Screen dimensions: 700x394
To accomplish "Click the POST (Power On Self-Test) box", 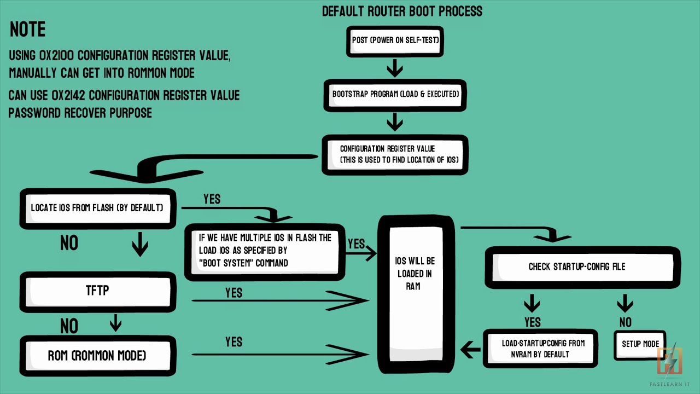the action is pos(395,42).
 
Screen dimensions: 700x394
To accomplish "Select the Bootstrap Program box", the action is pos(395,95).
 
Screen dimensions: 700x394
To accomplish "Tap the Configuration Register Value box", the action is pos(395,155).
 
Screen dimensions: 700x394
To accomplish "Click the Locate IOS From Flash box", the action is pos(98,208).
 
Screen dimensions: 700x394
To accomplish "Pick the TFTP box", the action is pos(98,292).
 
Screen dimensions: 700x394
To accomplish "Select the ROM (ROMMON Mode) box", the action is pos(98,356).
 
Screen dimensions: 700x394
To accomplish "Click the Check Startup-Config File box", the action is pos(582,268).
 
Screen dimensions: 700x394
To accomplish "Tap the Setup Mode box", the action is pos(640,345).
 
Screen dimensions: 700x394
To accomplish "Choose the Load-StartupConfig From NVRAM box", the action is pos(540,349).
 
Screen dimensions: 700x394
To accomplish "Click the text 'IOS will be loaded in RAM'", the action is pos(415,274).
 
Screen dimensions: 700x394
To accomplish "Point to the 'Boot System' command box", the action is pos(265,252).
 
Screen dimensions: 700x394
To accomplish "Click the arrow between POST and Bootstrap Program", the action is pos(395,68).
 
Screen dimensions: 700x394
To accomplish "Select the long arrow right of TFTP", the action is pos(280,300).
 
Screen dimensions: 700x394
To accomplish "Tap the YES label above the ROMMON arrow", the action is pos(234,342).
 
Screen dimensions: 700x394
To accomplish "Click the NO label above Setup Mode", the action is pos(626,322).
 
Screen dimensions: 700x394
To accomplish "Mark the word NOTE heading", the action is pos(28,30).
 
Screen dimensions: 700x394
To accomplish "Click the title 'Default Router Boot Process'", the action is pos(402,11).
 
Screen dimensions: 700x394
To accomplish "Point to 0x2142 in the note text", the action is pos(68,95).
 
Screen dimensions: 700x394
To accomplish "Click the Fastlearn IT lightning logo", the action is pos(670,361).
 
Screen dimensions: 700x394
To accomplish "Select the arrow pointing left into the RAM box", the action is pos(471,350).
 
